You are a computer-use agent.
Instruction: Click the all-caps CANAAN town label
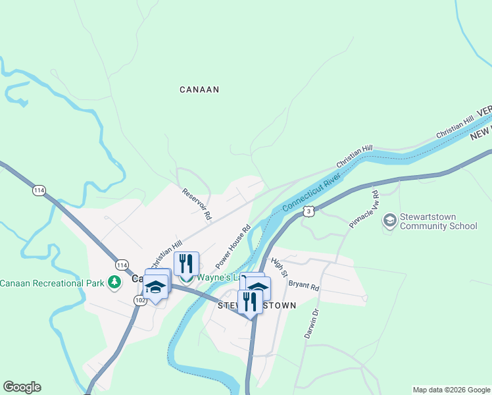click(199, 90)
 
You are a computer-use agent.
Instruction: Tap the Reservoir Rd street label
click(197, 204)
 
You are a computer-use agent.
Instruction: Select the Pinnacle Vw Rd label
click(364, 210)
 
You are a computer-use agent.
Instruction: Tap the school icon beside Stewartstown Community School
click(389, 221)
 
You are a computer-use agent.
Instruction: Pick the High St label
click(280, 267)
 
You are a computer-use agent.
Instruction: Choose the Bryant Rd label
click(303, 285)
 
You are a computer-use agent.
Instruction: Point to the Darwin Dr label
click(311, 323)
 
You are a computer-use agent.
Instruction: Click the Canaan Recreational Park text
click(52, 283)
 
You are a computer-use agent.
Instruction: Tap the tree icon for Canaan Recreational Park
click(115, 282)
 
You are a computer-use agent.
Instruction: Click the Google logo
click(22, 387)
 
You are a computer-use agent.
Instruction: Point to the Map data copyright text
click(451, 390)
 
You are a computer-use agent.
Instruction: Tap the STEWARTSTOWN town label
click(257, 306)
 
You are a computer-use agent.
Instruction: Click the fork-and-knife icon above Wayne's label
click(187, 263)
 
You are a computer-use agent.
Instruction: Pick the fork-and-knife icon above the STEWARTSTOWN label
click(250, 301)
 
